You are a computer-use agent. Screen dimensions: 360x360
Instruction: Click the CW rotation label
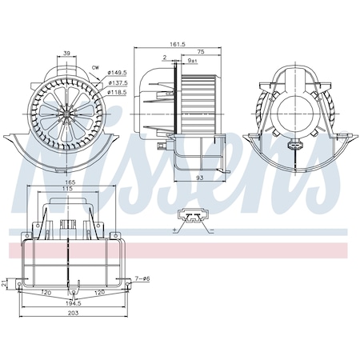tap(96, 67)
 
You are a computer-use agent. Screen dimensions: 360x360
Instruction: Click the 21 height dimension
tap(6, 282)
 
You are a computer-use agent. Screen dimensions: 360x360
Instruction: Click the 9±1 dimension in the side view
tap(192, 61)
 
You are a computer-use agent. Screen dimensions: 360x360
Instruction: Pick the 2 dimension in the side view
tap(164, 58)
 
